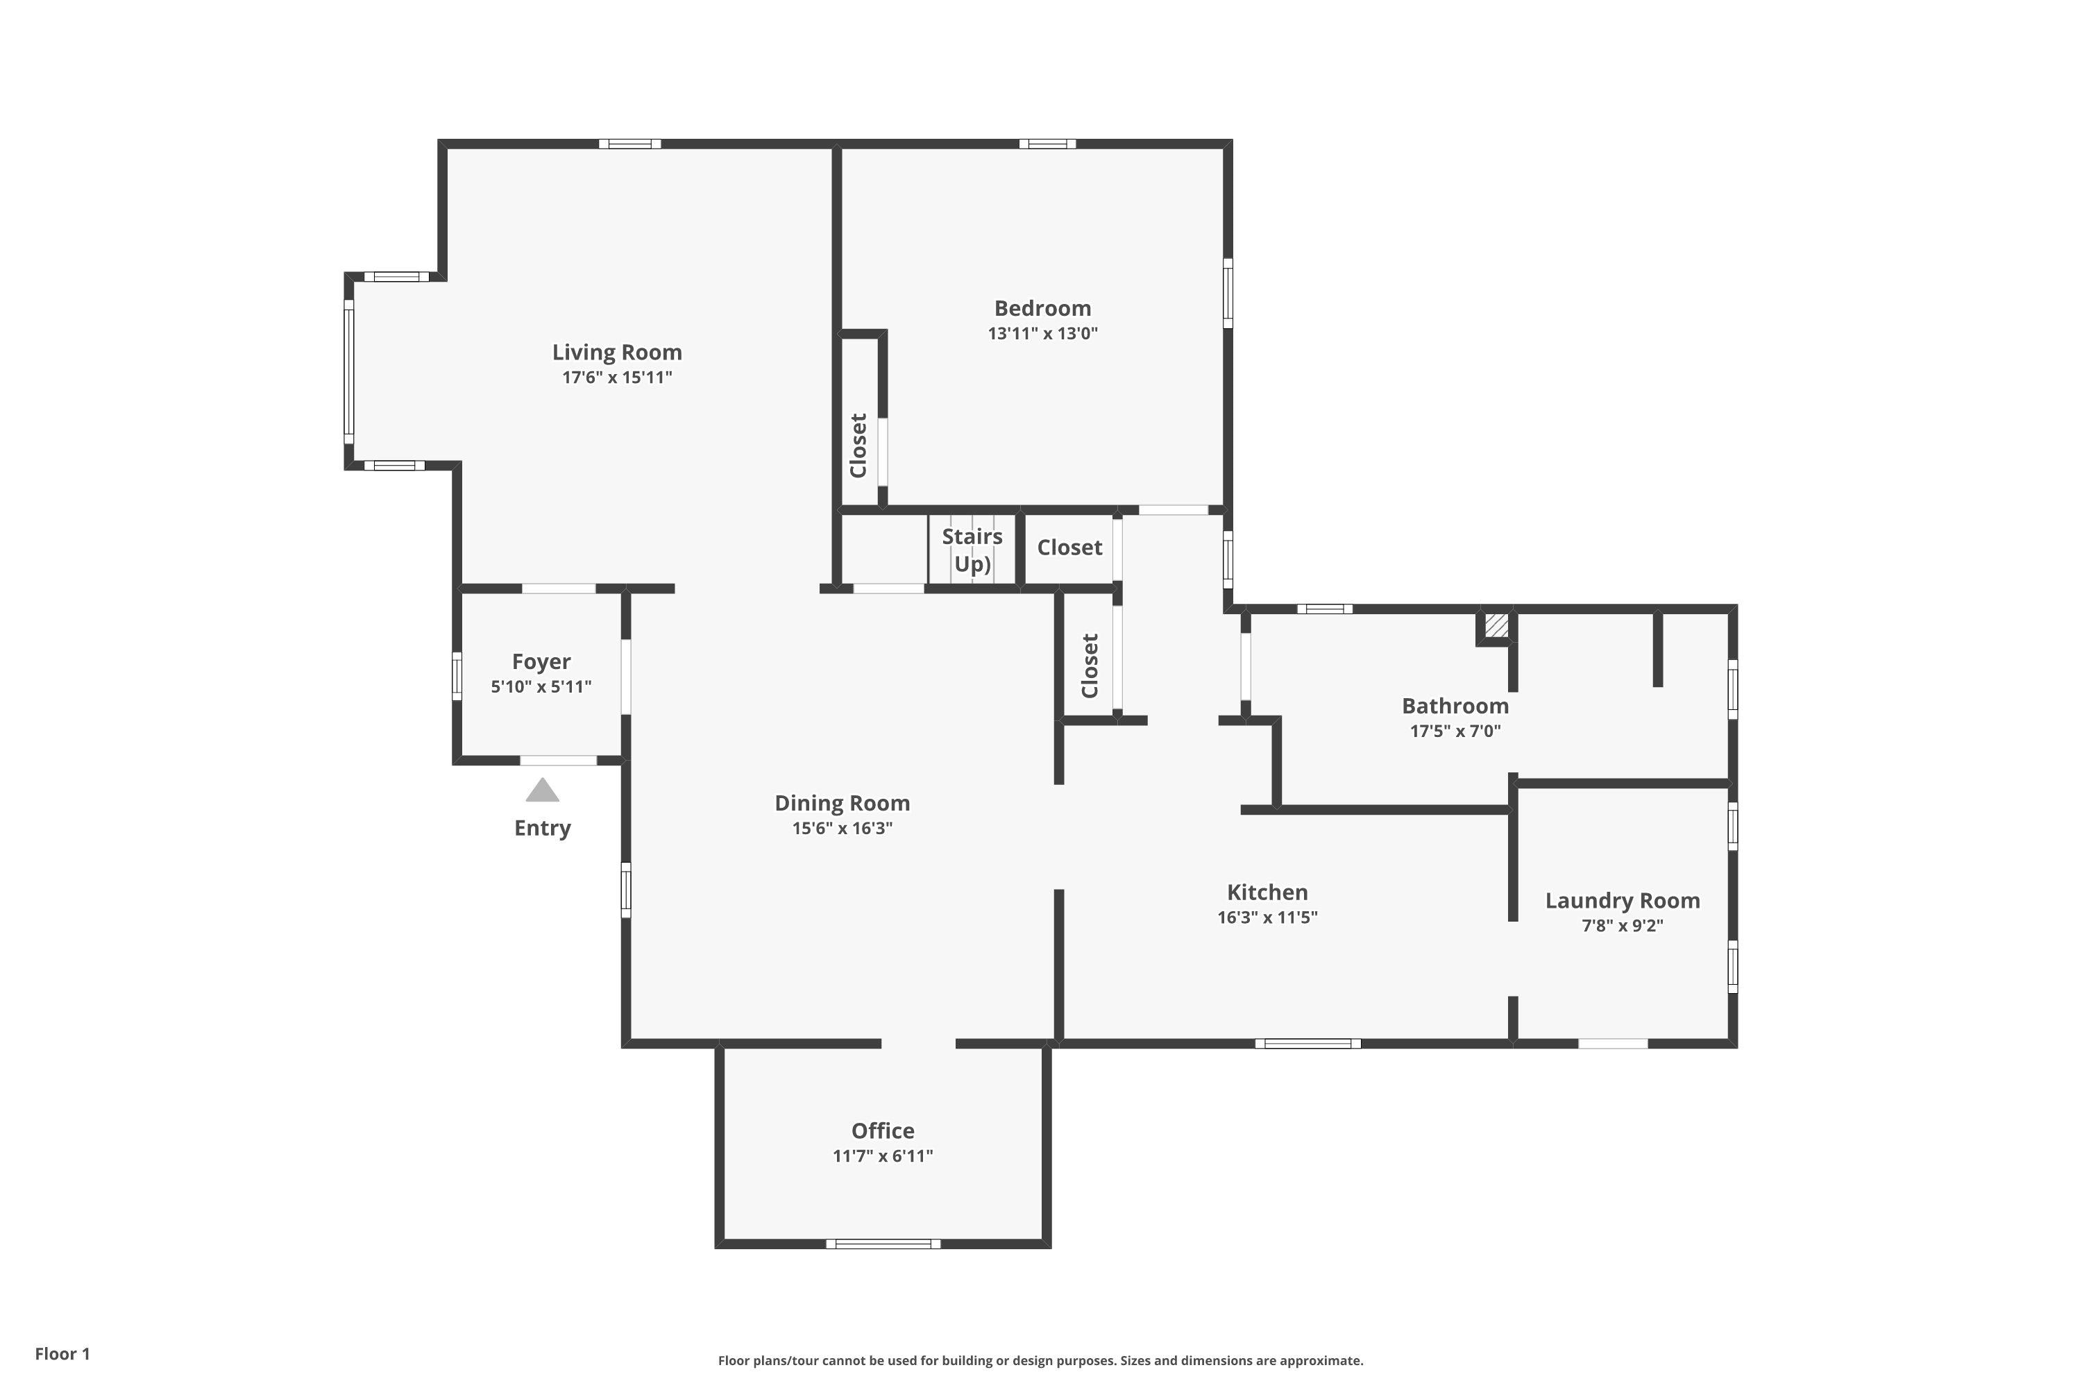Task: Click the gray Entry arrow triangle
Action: (543, 790)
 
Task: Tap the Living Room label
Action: (617, 353)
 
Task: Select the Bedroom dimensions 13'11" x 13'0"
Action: (1043, 334)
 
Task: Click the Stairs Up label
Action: (972, 550)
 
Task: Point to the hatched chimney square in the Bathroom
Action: (1496, 625)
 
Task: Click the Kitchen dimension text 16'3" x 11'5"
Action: (1267, 917)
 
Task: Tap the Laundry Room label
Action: (1622, 900)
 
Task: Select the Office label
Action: (883, 1131)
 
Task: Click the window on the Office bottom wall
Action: (883, 1244)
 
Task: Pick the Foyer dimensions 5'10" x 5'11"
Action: (541, 687)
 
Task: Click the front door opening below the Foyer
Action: (558, 761)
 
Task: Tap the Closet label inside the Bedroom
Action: (858, 446)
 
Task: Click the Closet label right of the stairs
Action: (1069, 548)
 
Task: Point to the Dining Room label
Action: (842, 803)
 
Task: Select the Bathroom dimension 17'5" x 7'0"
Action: (1455, 731)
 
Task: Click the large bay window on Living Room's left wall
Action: (349, 372)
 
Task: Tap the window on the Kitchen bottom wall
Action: (1307, 1044)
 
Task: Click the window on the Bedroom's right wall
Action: (1228, 293)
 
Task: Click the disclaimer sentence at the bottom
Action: (1040, 1360)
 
